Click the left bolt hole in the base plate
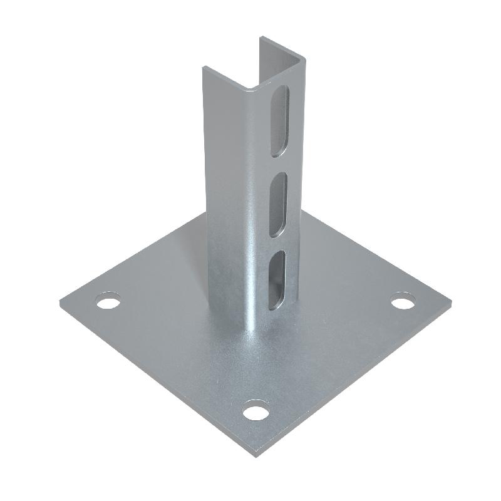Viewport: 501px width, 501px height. [x=109, y=302]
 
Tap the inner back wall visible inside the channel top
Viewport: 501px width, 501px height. [x=283, y=59]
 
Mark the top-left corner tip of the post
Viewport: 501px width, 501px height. [x=204, y=68]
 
